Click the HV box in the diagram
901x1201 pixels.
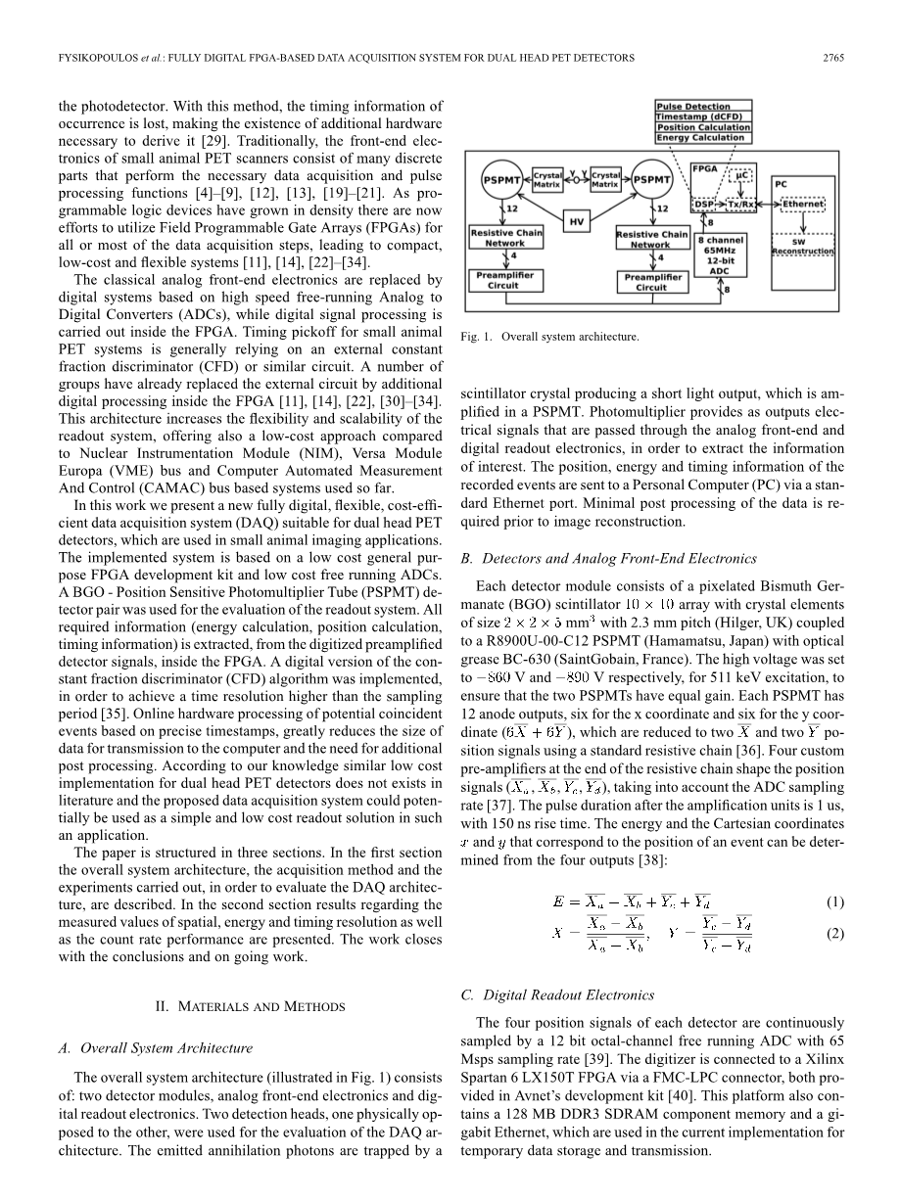[x=578, y=222]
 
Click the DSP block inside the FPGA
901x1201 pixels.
[x=704, y=205]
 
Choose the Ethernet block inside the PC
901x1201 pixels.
[x=803, y=205]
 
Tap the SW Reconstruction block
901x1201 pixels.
[x=803, y=247]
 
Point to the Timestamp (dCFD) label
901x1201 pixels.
[x=704, y=116]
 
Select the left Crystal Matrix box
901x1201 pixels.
[x=547, y=179]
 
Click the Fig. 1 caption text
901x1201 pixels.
[x=548, y=337]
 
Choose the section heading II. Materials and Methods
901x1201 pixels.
[x=251, y=1005]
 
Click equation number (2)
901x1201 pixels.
[x=833, y=934]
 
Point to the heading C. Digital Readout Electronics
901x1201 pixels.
[x=556, y=995]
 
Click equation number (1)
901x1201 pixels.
[x=833, y=901]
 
